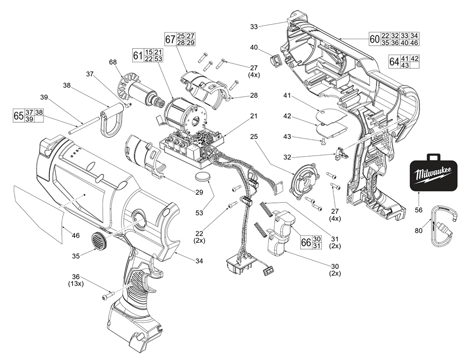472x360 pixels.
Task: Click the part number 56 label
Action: click(418, 210)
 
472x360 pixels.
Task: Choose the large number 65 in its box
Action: click(18, 116)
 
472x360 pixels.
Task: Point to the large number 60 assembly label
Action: click(375, 39)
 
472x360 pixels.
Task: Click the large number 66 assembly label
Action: click(306, 242)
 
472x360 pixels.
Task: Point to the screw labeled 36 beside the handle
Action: click(106, 297)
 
